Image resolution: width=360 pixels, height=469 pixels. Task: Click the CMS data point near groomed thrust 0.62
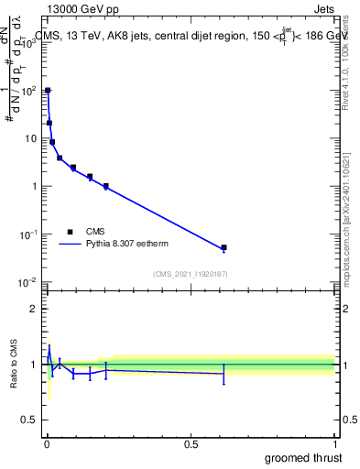pyautogui.click(x=224, y=247)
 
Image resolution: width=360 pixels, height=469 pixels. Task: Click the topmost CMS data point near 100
pyautogui.click(x=48, y=91)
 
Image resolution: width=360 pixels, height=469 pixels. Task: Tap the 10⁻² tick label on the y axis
pyautogui.click(x=27, y=282)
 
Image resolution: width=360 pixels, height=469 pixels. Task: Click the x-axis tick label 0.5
pyautogui.click(x=191, y=443)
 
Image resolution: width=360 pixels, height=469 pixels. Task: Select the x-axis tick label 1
pyautogui.click(x=334, y=443)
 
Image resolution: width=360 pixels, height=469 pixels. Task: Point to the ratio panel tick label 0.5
pyautogui.click(x=27, y=421)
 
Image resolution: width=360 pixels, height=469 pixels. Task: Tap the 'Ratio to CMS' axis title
pyautogui.click(x=14, y=365)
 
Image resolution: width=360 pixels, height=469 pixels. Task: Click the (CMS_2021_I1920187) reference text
pyautogui.click(x=190, y=274)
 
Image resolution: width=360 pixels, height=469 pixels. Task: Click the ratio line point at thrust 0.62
pyautogui.click(x=224, y=373)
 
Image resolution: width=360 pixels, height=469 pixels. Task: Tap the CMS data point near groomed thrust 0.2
pyautogui.click(x=106, y=186)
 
